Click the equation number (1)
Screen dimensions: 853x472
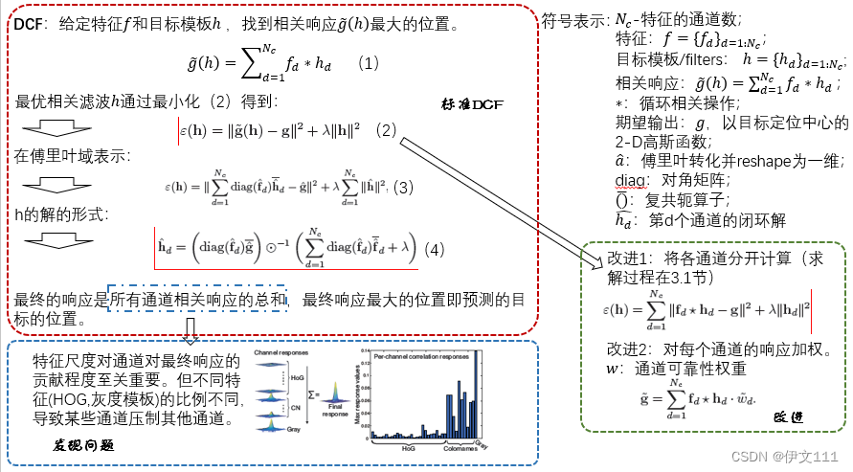(369, 64)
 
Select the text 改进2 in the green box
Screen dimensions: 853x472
(629, 347)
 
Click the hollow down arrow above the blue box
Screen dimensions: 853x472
(191, 331)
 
